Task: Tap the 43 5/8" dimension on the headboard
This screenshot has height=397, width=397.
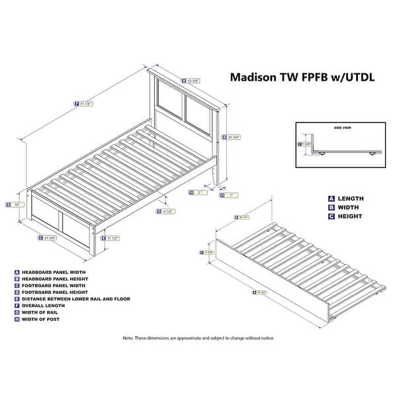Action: [x=191, y=81]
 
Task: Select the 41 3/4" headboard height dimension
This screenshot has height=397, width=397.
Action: [x=232, y=138]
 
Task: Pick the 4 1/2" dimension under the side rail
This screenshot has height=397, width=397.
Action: [x=169, y=212]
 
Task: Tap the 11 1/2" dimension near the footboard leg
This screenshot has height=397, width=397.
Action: [x=112, y=238]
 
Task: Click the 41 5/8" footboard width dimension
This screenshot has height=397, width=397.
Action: [x=51, y=238]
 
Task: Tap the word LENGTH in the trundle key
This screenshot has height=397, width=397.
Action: [x=350, y=198]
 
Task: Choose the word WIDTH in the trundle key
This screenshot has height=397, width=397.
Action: [x=348, y=207]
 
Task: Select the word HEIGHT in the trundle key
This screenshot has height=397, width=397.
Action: [x=349, y=216]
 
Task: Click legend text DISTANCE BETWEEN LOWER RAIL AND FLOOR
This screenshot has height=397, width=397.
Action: [x=76, y=298]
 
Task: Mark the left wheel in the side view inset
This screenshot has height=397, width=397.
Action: [x=322, y=154]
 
